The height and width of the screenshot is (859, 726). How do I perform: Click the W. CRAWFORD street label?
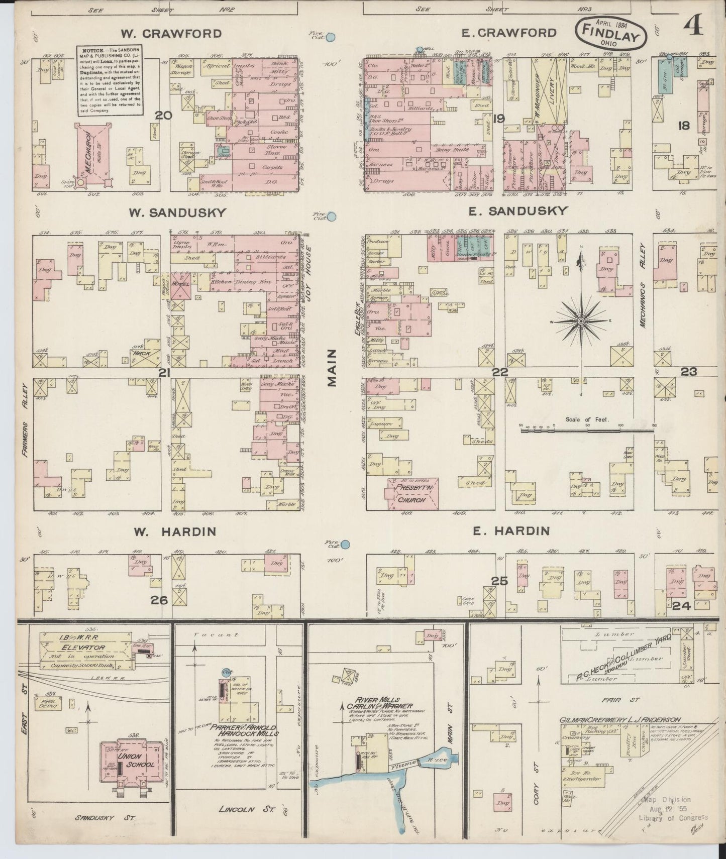tap(171, 34)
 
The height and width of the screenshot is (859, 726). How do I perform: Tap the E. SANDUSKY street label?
tap(517, 211)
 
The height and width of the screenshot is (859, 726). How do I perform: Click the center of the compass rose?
tap(581, 320)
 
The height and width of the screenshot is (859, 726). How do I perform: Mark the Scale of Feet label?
tap(587, 419)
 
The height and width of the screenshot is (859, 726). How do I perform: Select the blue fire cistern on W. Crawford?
tap(331, 37)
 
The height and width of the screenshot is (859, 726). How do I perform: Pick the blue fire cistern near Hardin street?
tap(345, 544)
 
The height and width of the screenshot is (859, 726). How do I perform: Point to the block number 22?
tap(500, 372)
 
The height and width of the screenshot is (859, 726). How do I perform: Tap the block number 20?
tap(163, 116)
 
